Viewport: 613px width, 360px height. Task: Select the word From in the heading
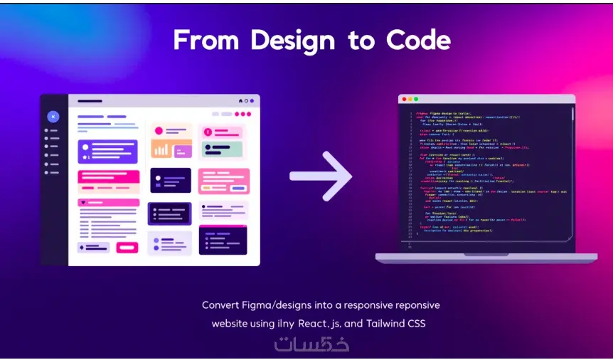(201, 41)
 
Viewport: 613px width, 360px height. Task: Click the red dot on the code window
(403, 100)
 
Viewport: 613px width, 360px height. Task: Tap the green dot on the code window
(415, 100)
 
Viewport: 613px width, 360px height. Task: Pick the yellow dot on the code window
(409, 100)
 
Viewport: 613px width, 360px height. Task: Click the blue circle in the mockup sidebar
(53, 116)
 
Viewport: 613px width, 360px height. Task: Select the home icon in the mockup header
(240, 101)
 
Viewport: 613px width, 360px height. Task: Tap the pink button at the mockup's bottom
(127, 248)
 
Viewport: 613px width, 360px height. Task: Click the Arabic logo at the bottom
(311, 344)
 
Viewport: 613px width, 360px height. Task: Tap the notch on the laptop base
(486, 254)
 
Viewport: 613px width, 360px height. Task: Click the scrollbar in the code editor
(572, 142)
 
